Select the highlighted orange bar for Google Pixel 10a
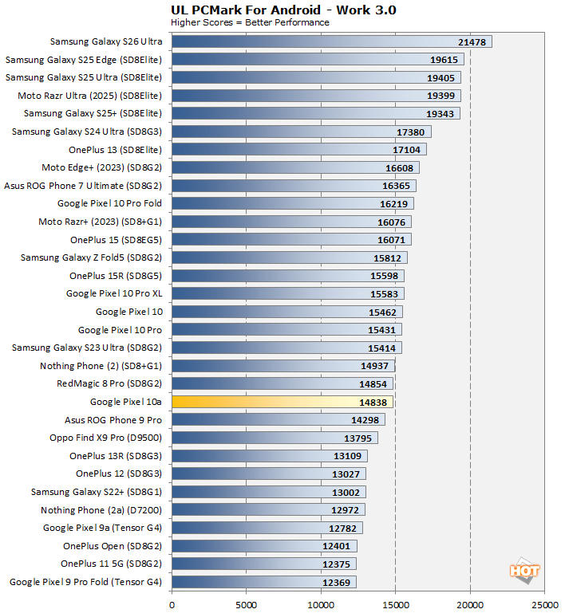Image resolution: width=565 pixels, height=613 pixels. [282, 402]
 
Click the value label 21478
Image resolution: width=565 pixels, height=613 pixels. [474, 41]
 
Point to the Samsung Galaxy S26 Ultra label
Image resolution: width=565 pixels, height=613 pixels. [105, 41]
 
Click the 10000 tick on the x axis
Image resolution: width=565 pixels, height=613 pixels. [321, 605]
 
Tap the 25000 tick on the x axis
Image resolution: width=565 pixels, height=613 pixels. [545, 605]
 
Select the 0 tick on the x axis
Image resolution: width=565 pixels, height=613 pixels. [172, 605]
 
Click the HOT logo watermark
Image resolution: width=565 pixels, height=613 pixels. [524, 571]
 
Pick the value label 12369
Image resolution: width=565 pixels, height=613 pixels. [338, 582]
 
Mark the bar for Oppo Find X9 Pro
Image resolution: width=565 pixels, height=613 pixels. [275, 438]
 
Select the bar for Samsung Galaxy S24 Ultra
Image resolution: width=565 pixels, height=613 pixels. [301, 132]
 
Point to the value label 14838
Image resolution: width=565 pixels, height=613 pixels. [375, 402]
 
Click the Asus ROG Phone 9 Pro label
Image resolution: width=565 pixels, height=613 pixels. [113, 420]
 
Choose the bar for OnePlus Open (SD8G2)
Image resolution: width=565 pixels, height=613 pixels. [264, 546]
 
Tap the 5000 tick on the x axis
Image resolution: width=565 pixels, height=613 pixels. [247, 605]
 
